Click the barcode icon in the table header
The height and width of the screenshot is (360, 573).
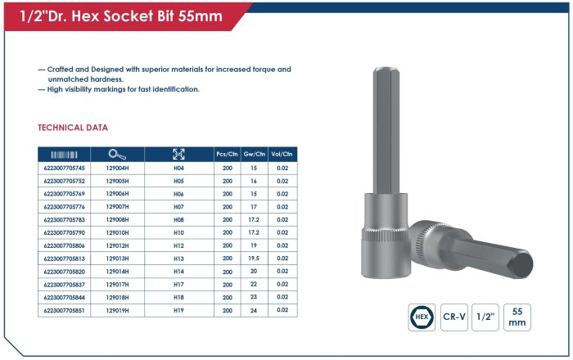[64, 155]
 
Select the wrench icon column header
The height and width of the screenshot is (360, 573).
[117, 155]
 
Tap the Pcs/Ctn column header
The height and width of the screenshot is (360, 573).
[227, 154]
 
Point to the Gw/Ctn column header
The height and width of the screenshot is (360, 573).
[255, 154]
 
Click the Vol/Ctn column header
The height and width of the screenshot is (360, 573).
[282, 154]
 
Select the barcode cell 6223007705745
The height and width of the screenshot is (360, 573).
[65, 168]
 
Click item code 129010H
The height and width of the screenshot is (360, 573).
[117, 232]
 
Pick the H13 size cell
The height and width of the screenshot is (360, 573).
[178, 259]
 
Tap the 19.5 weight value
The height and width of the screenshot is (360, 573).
[254, 258]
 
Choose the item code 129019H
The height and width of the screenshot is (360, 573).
[117, 310]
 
